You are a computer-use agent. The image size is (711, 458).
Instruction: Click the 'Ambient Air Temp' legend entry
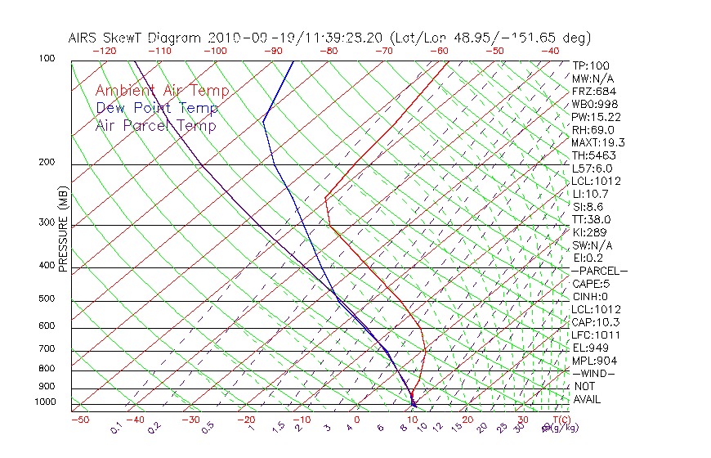click(162, 91)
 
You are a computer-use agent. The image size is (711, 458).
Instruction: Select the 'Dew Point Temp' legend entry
click(157, 108)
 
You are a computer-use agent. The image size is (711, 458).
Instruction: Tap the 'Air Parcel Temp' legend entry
click(156, 125)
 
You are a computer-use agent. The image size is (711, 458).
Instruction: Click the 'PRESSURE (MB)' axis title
click(63, 230)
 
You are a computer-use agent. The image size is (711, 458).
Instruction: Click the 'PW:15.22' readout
click(596, 117)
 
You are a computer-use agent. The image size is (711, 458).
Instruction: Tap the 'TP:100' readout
click(590, 65)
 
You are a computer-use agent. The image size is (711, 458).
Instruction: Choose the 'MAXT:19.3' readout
click(599, 142)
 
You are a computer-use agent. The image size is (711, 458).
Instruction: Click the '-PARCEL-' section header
click(599, 271)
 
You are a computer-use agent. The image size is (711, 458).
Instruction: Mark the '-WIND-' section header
click(593, 373)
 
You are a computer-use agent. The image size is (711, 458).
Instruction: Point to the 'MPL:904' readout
click(594, 361)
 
